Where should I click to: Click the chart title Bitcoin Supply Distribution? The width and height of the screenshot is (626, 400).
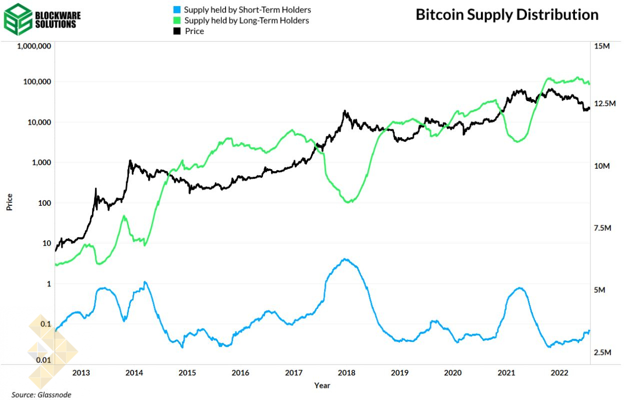pyautogui.click(x=507, y=15)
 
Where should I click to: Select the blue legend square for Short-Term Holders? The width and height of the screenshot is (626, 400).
pyautogui.click(x=176, y=10)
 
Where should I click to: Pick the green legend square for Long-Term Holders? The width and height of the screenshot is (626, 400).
pyautogui.click(x=176, y=21)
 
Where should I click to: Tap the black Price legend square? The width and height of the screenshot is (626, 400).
pyautogui.click(x=176, y=31)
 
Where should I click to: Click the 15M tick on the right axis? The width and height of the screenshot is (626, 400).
pyautogui.click(x=601, y=46)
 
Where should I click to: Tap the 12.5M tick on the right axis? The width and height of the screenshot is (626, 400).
pyautogui.click(x=604, y=104)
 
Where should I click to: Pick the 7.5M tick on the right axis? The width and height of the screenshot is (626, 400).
pyautogui.click(x=602, y=228)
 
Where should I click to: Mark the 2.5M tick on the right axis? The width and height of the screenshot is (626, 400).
pyautogui.click(x=602, y=352)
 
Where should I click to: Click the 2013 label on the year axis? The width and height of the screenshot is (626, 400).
pyautogui.click(x=81, y=373)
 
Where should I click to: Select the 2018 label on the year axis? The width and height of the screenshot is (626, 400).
pyautogui.click(x=346, y=373)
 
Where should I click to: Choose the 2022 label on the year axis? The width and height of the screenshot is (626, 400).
pyautogui.click(x=558, y=373)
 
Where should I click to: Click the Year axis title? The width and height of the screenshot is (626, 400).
pyautogui.click(x=322, y=385)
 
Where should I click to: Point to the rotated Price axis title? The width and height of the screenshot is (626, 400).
pyautogui.click(x=9, y=202)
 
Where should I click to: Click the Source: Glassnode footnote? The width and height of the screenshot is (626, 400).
pyautogui.click(x=41, y=394)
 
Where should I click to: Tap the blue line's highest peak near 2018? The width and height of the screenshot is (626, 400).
pyautogui.click(x=345, y=259)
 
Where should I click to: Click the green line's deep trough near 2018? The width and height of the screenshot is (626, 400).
pyautogui.click(x=348, y=202)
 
